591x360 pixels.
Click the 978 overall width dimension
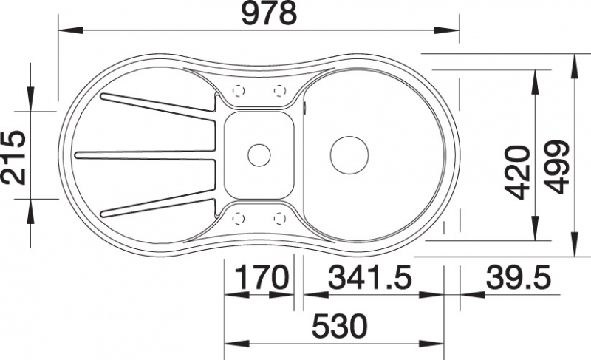(269, 13)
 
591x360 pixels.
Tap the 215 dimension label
(13, 157)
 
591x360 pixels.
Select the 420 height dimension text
(517, 173)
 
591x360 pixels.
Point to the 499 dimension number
(556, 167)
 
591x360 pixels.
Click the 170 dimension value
(262, 277)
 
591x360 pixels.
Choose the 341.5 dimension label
(371, 277)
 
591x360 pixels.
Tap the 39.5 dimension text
(518, 277)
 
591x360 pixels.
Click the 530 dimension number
(340, 326)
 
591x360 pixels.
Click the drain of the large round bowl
(349, 155)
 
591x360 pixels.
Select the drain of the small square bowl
(259, 155)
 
